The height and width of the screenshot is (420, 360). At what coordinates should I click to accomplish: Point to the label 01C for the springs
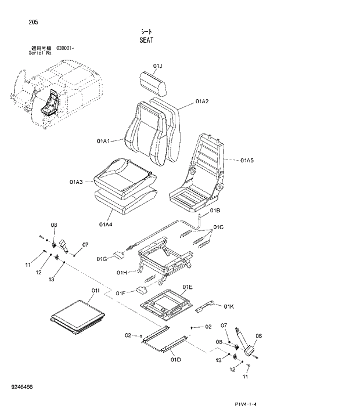click(218, 226)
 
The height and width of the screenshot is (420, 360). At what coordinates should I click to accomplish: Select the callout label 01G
click(102, 259)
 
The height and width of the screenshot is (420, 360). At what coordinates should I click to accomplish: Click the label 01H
click(121, 272)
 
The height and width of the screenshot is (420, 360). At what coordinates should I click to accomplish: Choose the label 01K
click(228, 306)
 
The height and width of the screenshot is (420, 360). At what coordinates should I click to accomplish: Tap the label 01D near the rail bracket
click(176, 360)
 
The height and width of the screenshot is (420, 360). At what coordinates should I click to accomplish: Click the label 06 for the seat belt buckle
click(259, 335)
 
